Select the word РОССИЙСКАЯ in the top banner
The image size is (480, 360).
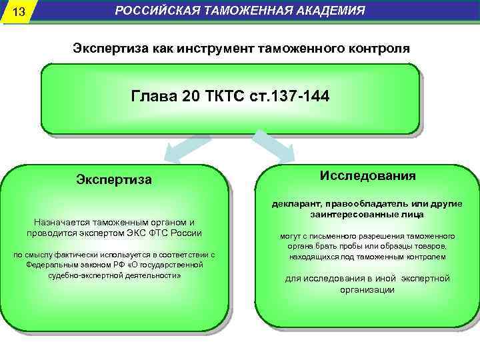(x=152, y=11)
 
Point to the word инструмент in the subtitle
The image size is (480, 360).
(x=215, y=49)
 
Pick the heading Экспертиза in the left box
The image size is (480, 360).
(x=114, y=179)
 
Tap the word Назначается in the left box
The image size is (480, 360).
(x=57, y=222)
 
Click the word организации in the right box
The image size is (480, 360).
(x=367, y=289)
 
